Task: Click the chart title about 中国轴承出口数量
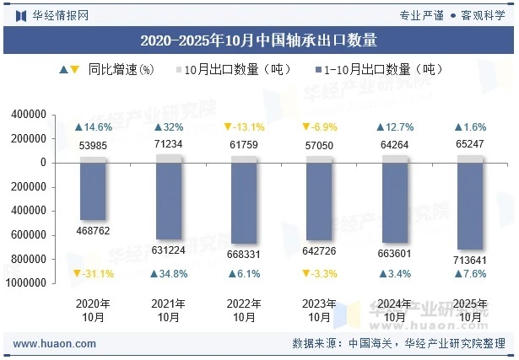(258, 40)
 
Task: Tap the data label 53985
(93, 146)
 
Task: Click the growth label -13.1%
(244, 127)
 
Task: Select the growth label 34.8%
(169, 274)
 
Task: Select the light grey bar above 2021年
(169, 159)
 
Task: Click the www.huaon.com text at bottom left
(55, 344)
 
